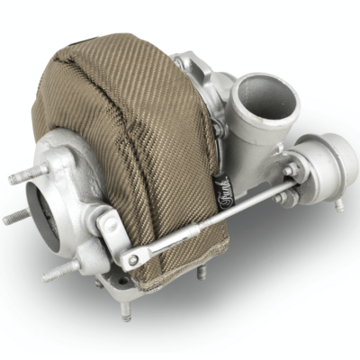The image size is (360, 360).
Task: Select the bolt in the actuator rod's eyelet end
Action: click(133, 259)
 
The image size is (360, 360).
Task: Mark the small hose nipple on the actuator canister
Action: click(338, 203)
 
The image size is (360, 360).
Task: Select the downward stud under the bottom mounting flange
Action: click(126, 311)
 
